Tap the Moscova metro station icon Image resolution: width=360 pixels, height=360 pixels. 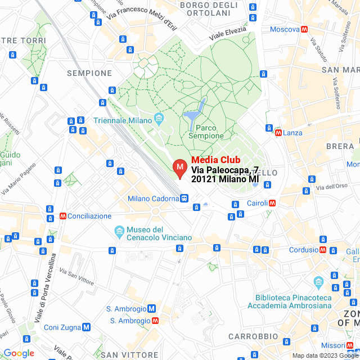[x=304, y=29]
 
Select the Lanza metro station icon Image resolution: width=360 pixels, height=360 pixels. [x=278, y=133]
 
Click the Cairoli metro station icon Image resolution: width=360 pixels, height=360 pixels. [x=272, y=203]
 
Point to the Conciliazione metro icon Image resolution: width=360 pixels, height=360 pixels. [x=62, y=216]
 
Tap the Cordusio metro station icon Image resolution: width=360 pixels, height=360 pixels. [x=323, y=250]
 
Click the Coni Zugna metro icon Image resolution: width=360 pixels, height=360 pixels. [x=86, y=327]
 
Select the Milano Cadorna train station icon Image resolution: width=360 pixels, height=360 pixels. [x=184, y=198]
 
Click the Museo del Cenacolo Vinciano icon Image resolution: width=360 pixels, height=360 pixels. [x=119, y=232]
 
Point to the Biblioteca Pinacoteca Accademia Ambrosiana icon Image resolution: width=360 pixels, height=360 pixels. [x=319, y=281]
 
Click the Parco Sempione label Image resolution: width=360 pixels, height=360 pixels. [x=206, y=132]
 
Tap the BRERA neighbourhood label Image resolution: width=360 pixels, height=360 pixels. [x=340, y=146]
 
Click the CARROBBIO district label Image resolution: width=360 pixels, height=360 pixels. [x=254, y=336]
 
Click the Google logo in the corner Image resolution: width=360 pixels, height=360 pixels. [x=19, y=353]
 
